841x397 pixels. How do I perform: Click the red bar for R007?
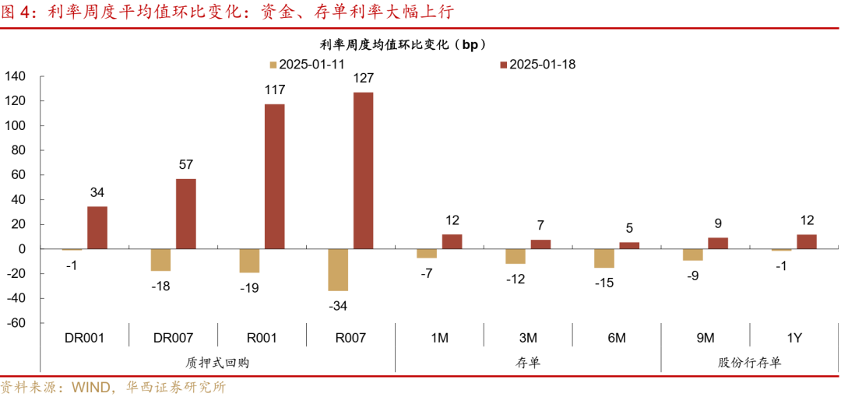[363, 170]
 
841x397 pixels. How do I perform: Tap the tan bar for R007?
[338, 269]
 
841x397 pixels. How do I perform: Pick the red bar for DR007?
[185, 213]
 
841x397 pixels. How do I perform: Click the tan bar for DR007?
[160, 259]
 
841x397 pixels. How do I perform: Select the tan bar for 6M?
[603, 258]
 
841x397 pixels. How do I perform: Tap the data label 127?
[363, 79]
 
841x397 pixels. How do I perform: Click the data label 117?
[274, 90]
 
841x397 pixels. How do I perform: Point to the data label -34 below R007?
[337, 306]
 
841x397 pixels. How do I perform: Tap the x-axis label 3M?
[528, 338]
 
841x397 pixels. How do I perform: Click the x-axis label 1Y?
[794, 338]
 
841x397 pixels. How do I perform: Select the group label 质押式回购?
[217, 363]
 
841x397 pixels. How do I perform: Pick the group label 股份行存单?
[750, 363]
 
